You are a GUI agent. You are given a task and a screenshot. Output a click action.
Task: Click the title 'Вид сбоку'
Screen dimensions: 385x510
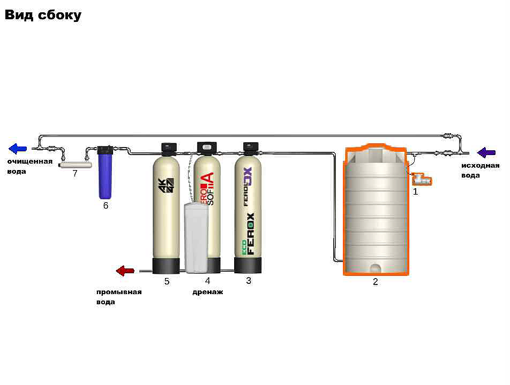pos(43,15)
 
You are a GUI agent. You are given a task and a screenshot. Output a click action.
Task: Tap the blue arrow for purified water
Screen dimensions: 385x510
pos(18,149)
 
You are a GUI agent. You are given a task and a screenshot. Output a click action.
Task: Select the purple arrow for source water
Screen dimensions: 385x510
pos(486,153)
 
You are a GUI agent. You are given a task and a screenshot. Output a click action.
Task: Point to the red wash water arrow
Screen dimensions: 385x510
pos(125,271)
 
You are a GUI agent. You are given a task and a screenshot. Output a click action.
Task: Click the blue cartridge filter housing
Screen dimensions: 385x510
pos(104,172)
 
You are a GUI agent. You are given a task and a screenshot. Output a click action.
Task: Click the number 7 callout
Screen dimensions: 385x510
pos(75,173)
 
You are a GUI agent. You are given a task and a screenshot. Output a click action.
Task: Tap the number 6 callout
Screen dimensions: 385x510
pos(106,205)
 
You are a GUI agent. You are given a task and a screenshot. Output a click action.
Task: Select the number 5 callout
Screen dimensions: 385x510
pos(167,281)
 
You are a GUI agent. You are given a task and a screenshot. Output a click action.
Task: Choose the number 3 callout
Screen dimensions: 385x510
pos(249,280)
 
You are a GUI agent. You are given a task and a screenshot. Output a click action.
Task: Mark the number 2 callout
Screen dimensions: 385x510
pos(375,282)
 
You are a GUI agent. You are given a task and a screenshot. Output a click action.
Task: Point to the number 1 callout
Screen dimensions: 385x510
pos(415,191)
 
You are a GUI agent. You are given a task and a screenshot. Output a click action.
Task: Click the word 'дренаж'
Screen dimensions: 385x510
pos(208,292)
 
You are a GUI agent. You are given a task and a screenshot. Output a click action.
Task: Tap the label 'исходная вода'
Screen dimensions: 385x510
pos(480,170)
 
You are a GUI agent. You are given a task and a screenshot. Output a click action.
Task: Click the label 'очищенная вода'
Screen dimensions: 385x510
pos(30,166)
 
